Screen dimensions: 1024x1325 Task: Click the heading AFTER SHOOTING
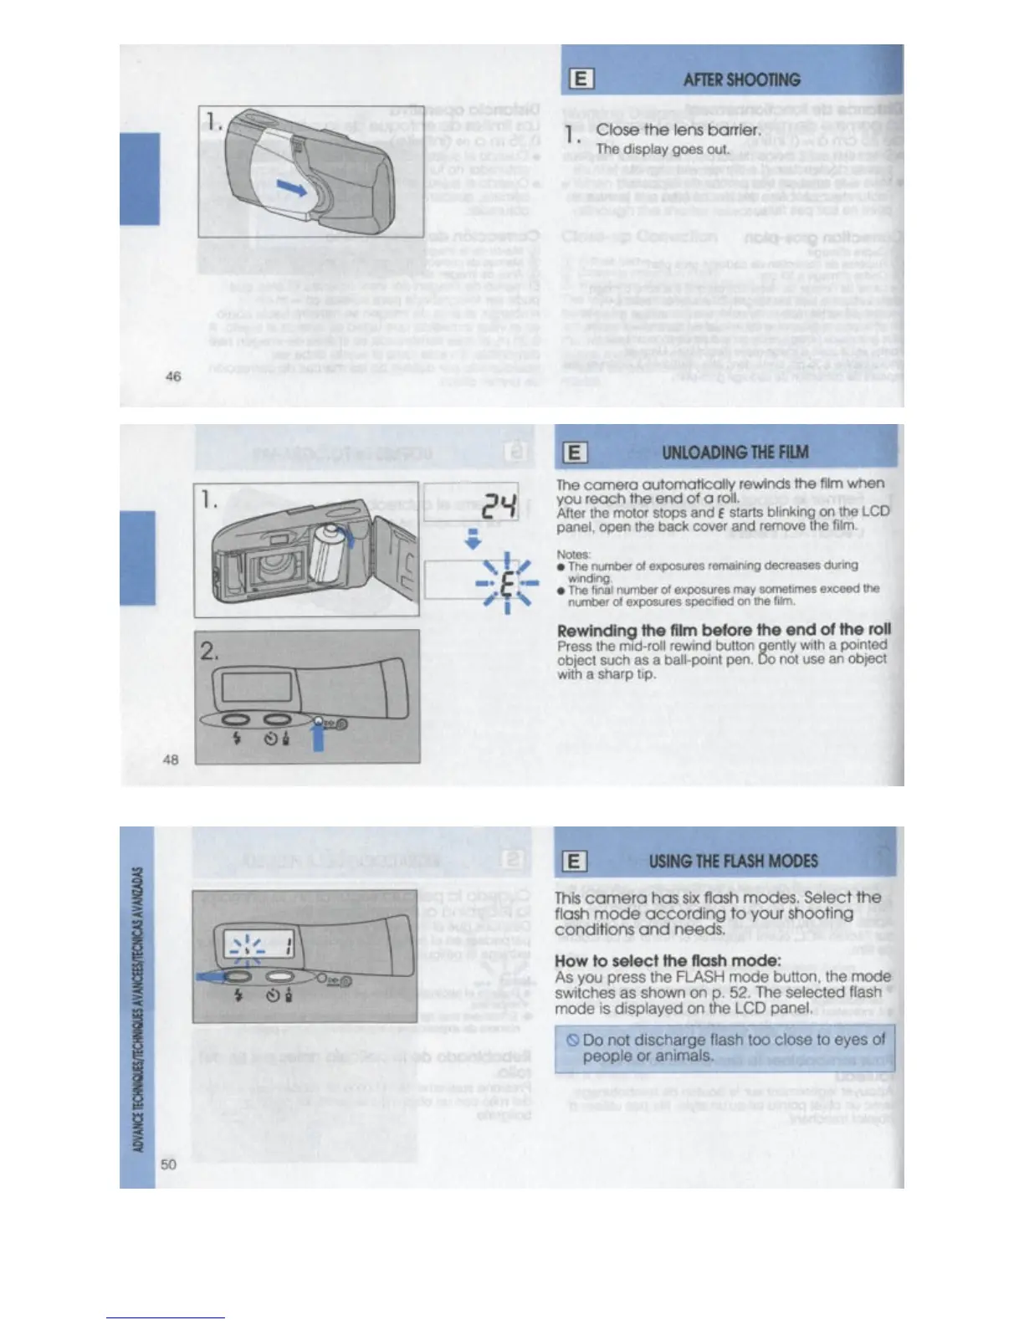(x=741, y=80)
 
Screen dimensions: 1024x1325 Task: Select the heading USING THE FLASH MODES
(x=733, y=861)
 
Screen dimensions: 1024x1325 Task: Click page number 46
(x=173, y=376)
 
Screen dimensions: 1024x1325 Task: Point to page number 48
(x=171, y=760)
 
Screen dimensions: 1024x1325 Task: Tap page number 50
(x=169, y=1164)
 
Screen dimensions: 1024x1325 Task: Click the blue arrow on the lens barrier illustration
(x=291, y=187)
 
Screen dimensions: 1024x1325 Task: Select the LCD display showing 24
(x=471, y=502)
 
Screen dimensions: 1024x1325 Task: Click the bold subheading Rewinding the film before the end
(x=724, y=629)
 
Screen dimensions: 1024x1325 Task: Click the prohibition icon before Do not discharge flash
(x=573, y=1041)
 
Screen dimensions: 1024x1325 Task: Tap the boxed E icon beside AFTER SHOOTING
(x=581, y=79)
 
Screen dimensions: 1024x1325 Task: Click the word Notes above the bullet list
(x=574, y=554)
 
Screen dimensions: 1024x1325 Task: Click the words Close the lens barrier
(x=678, y=130)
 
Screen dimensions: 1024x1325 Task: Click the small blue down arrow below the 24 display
(x=472, y=540)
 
